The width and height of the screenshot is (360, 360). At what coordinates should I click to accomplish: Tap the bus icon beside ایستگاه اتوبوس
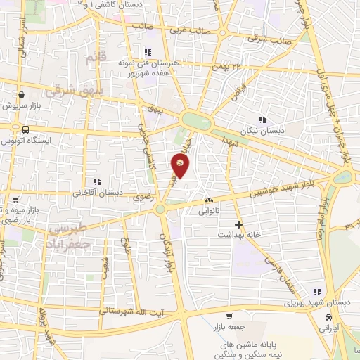click(26, 129)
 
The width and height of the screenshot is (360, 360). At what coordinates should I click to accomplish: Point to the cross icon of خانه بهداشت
click(238, 225)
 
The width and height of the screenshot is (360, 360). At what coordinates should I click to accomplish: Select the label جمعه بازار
click(226, 327)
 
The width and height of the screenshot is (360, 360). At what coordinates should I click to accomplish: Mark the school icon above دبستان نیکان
click(263, 120)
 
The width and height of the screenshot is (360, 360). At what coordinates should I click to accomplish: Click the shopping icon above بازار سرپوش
click(22, 94)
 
